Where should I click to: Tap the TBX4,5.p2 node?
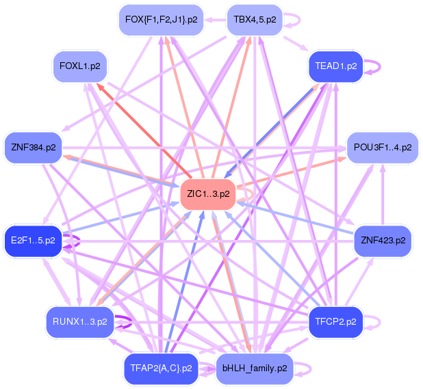(255, 20)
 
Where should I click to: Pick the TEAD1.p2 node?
(336, 66)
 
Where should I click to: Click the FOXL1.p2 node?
(84, 66)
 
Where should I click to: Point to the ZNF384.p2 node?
(34, 147)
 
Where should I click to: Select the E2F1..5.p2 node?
(34, 241)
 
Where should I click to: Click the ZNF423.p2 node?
(383, 241)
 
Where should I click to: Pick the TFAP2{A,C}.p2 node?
(161, 368)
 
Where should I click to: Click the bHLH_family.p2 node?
(255, 368)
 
